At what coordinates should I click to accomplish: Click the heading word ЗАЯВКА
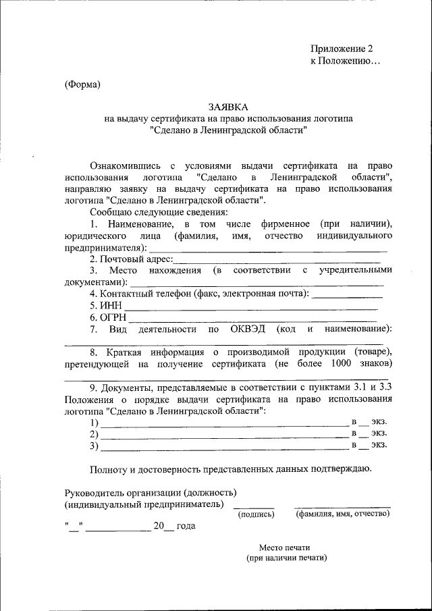[227, 107]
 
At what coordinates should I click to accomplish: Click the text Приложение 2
[341, 49]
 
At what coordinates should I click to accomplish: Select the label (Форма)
[82, 84]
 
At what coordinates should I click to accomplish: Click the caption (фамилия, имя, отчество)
[343, 514]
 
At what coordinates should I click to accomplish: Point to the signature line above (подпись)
[254, 507]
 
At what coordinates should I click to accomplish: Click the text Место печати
[284, 548]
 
